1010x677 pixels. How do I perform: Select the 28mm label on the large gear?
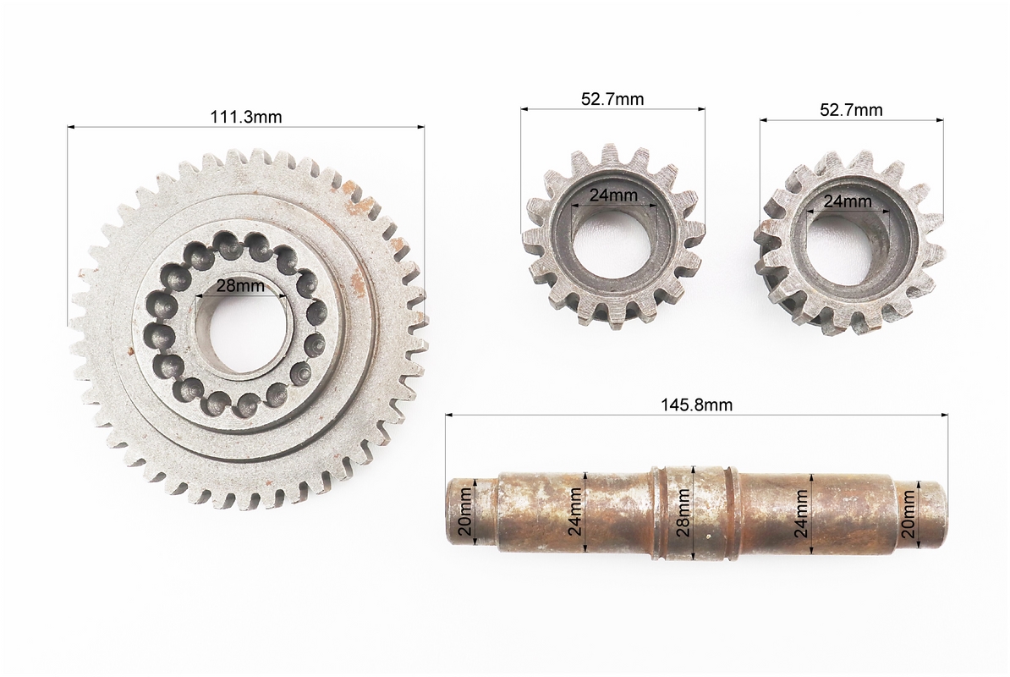click(x=240, y=285)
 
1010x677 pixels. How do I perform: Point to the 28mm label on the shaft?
click(x=683, y=512)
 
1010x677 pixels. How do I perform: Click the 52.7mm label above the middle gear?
click(x=612, y=98)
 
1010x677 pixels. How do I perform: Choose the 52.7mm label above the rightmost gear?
click(x=851, y=109)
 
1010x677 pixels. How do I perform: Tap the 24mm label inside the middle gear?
click(x=613, y=195)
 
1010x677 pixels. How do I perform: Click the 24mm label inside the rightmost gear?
click(x=848, y=201)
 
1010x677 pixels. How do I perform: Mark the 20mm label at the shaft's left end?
click(x=464, y=512)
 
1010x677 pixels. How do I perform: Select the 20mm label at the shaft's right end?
click(x=908, y=514)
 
